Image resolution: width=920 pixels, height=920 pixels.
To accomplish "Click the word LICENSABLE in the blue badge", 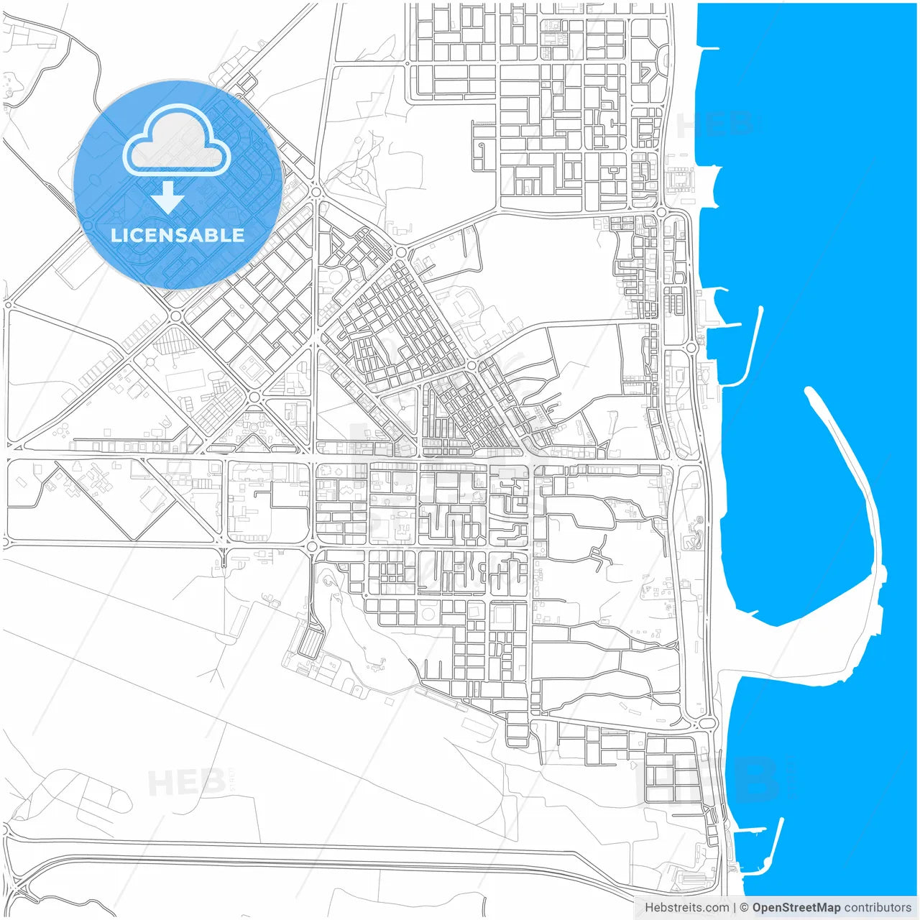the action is pyautogui.click(x=178, y=235).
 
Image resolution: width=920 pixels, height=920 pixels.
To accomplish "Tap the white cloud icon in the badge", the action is pyautogui.click(x=177, y=141).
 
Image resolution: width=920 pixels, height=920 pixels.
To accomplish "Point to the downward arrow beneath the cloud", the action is pyautogui.click(x=168, y=198).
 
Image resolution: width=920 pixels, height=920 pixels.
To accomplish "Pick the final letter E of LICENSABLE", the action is pyautogui.click(x=238, y=235).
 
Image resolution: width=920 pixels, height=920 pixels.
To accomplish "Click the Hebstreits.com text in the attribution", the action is pyautogui.click(x=686, y=908).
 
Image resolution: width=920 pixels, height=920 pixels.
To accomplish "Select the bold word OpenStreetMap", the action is pyautogui.click(x=796, y=908).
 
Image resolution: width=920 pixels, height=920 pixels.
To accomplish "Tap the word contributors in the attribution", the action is pyautogui.click(x=878, y=908).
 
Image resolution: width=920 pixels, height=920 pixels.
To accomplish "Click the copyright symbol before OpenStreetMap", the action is pyautogui.click(x=745, y=908).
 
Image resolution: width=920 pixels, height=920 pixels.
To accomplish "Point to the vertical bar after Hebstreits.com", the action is pyautogui.click(x=735, y=908).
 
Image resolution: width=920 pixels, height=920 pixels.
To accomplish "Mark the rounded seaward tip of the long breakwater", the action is pyautogui.click(x=810, y=392).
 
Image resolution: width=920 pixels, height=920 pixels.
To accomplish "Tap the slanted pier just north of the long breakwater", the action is pyautogui.click(x=751, y=345).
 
